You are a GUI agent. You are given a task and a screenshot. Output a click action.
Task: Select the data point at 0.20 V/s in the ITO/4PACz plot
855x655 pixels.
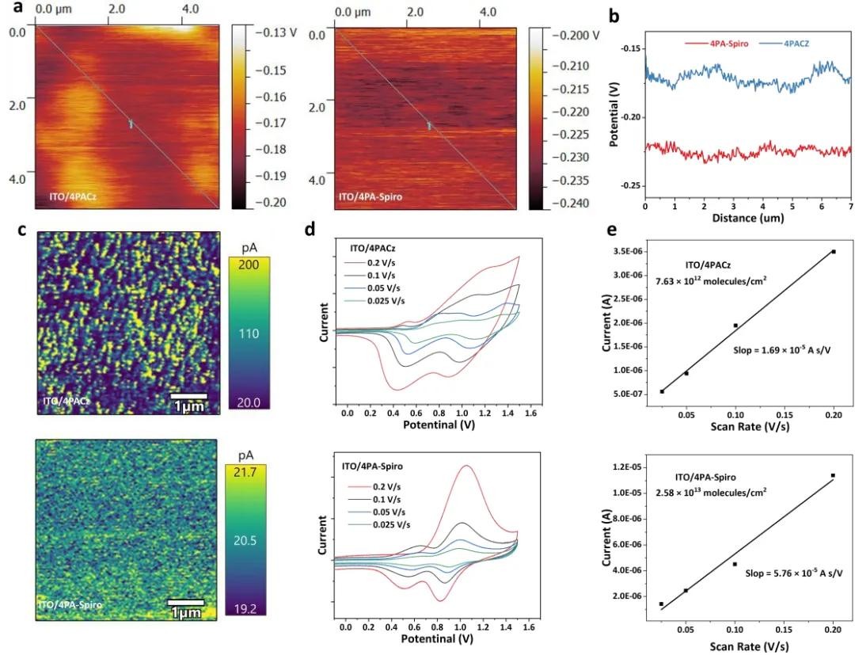click(833, 252)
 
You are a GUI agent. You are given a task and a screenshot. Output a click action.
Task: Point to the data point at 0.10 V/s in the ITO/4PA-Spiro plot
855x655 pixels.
click(735, 564)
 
